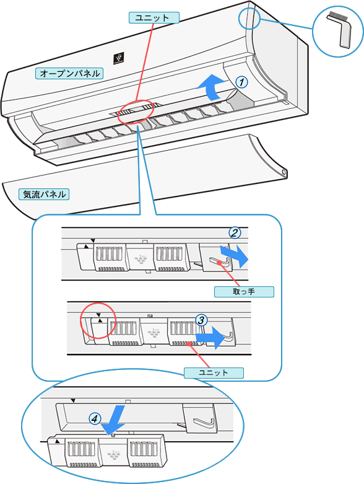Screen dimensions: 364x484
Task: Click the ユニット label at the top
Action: (x=154, y=17)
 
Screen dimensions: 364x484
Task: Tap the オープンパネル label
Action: (x=69, y=74)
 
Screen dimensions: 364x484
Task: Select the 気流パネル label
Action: (x=44, y=195)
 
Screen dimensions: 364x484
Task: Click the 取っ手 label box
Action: (x=244, y=292)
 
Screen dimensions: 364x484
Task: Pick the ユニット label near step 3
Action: (x=214, y=372)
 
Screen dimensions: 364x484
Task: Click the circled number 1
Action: (x=241, y=82)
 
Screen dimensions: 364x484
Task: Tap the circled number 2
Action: (x=235, y=233)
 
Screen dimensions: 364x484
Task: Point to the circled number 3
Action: (x=201, y=320)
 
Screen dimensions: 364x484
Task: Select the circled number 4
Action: (x=95, y=419)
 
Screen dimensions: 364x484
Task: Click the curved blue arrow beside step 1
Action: (x=213, y=88)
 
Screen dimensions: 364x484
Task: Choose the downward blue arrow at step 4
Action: (x=113, y=420)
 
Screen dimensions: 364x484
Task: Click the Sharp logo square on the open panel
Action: (x=119, y=58)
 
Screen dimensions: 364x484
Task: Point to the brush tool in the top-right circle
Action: (x=340, y=30)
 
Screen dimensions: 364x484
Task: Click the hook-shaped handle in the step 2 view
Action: (x=221, y=262)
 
